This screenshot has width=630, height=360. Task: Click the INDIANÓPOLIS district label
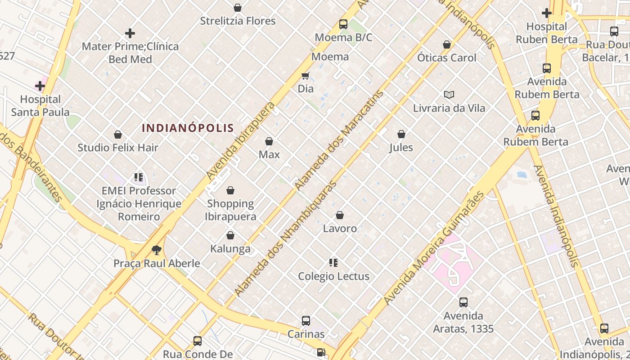pos(188,128)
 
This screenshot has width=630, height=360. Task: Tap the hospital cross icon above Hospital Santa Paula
pos(40,85)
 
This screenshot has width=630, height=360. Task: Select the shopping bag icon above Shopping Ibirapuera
pos(230,190)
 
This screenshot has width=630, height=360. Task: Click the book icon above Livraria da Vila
pos(449,94)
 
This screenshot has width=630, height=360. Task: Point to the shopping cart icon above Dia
pos(306,76)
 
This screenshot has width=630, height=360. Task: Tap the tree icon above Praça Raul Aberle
pos(156,250)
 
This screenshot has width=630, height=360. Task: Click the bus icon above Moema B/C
pos(343,24)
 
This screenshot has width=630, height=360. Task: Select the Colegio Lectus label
pos(333,276)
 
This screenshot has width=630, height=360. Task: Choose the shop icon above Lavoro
pos(340,216)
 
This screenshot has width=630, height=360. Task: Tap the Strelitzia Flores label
pos(238,21)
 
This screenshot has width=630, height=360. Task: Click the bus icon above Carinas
pos(306,321)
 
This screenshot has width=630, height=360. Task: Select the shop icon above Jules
pos(401,134)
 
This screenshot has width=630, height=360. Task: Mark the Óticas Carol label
pos(446,58)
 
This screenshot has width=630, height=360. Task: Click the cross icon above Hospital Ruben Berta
pos(547,13)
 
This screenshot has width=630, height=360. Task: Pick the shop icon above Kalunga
pos(230,235)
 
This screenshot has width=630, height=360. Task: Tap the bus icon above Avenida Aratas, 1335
pos(463,302)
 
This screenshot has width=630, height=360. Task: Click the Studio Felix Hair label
pos(118,148)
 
